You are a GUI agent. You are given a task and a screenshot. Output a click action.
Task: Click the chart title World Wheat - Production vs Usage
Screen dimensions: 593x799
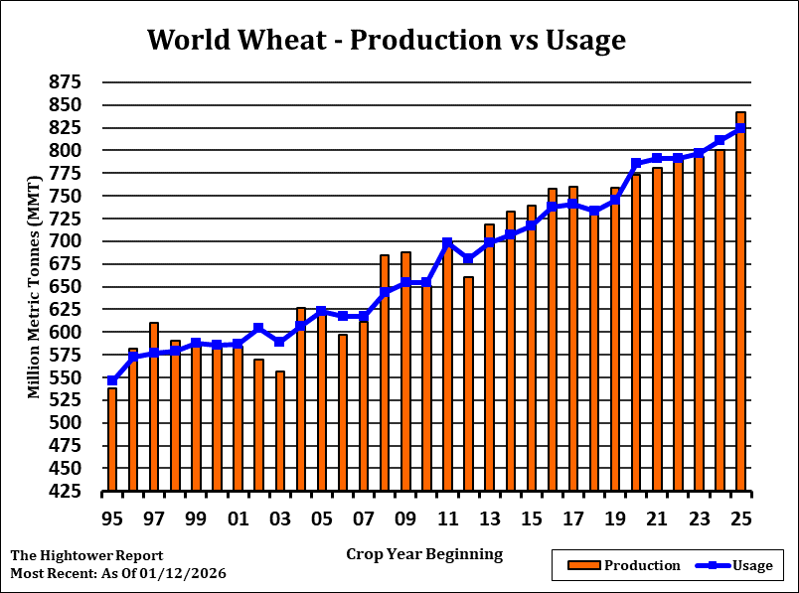(x=386, y=40)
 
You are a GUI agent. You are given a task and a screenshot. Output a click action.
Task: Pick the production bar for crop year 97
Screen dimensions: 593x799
(x=154, y=407)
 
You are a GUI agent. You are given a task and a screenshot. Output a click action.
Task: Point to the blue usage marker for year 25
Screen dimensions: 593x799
(x=740, y=128)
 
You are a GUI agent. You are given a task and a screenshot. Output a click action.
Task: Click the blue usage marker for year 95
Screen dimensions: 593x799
(x=112, y=380)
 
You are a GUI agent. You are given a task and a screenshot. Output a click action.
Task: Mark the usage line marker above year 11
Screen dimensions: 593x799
(x=447, y=242)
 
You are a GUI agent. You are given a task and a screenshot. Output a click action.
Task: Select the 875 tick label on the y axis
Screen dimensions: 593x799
(x=67, y=81)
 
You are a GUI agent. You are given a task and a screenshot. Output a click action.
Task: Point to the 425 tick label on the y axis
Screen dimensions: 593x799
(x=67, y=491)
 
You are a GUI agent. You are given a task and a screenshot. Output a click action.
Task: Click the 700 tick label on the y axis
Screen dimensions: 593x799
(x=67, y=241)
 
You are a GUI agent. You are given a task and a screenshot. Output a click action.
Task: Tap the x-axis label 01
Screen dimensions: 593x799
(x=238, y=519)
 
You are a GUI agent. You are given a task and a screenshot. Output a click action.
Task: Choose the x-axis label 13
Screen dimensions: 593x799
(x=489, y=519)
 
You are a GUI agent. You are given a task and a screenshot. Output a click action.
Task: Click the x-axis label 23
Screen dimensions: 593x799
(x=699, y=519)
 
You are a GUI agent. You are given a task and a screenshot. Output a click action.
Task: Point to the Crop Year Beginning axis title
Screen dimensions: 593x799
(x=424, y=554)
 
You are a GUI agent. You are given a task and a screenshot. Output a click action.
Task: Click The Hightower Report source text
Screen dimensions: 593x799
(x=86, y=556)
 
